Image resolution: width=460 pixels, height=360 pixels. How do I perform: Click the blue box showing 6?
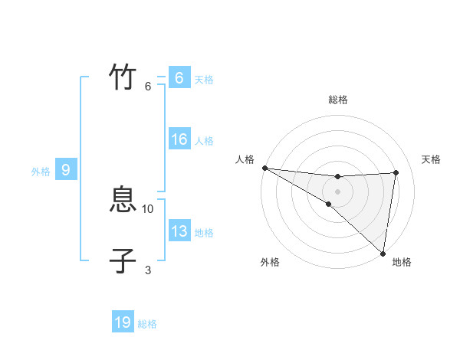click(x=179, y=78)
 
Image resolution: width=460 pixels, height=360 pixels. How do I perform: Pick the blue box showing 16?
click(x=179, y=139)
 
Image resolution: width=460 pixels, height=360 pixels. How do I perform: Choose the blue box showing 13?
click(x=179, y=231)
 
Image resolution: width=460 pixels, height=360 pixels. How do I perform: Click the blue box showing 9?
click(x=66, y=170)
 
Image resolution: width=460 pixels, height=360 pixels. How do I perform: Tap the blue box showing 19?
click(x=123, y=322)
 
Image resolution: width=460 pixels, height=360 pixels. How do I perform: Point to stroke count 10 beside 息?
click(x=148, y=208)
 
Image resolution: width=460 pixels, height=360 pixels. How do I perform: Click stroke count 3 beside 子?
click(x=148, y=270)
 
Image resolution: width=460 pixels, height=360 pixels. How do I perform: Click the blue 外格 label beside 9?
click(x=41, y=172)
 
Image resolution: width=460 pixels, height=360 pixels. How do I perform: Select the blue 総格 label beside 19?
click(x=147, y=324)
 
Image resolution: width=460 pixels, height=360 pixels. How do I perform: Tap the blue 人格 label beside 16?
click(x=204, y=141)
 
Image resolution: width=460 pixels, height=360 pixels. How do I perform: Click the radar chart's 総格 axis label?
click(x=337, y=100)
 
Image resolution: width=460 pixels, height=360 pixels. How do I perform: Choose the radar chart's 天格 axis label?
click(x=431, y=159)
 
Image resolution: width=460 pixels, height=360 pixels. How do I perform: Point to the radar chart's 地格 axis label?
click(x=402, y=262)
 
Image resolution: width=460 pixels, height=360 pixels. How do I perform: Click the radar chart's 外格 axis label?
click(x=270, y=262)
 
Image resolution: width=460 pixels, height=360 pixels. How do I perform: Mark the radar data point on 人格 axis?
click(x=264, y=168)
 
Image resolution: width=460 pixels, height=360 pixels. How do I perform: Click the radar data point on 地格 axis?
click(x=383, y=253)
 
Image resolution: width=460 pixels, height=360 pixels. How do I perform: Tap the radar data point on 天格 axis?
click(x=396, y=172)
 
